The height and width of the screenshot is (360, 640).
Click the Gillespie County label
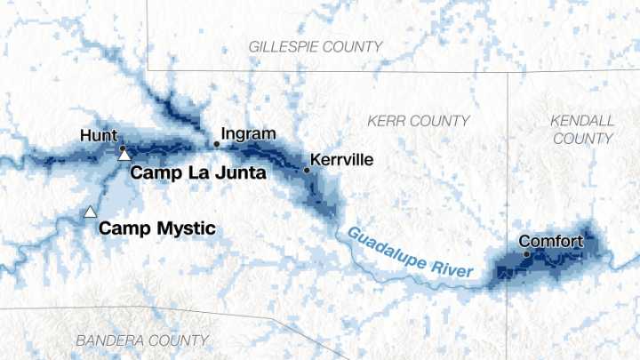click(316, 46)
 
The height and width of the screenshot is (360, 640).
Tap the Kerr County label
click(419, 120)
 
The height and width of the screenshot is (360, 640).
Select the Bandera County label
click(142, 340)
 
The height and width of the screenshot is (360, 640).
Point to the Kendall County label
click(582, 129)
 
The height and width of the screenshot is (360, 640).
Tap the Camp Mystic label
click(156, 228)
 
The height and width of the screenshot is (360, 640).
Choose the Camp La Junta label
click(198, 173)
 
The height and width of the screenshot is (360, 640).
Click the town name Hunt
click(98, 136)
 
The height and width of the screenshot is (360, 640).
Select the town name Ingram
click(248, 134)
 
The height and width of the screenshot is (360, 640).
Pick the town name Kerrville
click(344, 161)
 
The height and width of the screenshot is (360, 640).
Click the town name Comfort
click(551, 241)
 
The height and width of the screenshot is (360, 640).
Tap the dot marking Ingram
click(216, 143)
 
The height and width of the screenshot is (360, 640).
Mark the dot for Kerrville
click(308, 169)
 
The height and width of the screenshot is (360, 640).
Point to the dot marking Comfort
click(526, 254)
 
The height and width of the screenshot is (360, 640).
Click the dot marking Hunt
click(123, 148)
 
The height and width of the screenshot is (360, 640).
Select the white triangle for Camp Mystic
click(90, 212)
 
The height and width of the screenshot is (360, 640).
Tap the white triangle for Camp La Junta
click(124, 156)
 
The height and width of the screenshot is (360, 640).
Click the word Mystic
click(187, 228)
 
